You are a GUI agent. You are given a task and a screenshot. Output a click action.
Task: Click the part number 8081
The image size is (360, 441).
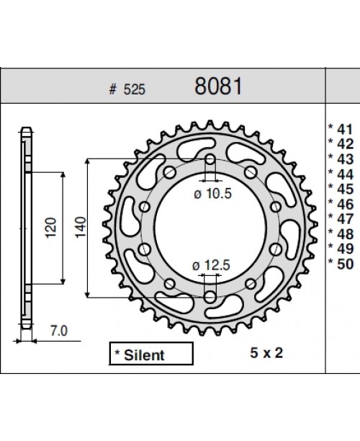(219, 86)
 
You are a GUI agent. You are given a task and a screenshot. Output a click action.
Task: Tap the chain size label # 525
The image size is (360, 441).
(122, 89)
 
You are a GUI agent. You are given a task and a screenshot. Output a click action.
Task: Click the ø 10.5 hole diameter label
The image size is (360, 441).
(210, 192)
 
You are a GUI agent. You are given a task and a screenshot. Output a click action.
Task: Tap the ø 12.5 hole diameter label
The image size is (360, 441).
(210, 266)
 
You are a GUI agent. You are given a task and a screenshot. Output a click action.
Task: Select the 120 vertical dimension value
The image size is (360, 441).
(50, 228)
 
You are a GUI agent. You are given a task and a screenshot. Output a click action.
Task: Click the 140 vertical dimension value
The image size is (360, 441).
(80, 228)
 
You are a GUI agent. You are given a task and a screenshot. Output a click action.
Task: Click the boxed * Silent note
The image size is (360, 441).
(151, 354)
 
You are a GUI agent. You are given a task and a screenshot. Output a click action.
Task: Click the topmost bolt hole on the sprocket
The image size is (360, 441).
(210, 160)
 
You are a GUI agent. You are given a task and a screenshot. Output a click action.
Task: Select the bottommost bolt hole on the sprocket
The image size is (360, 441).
(210, 296)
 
